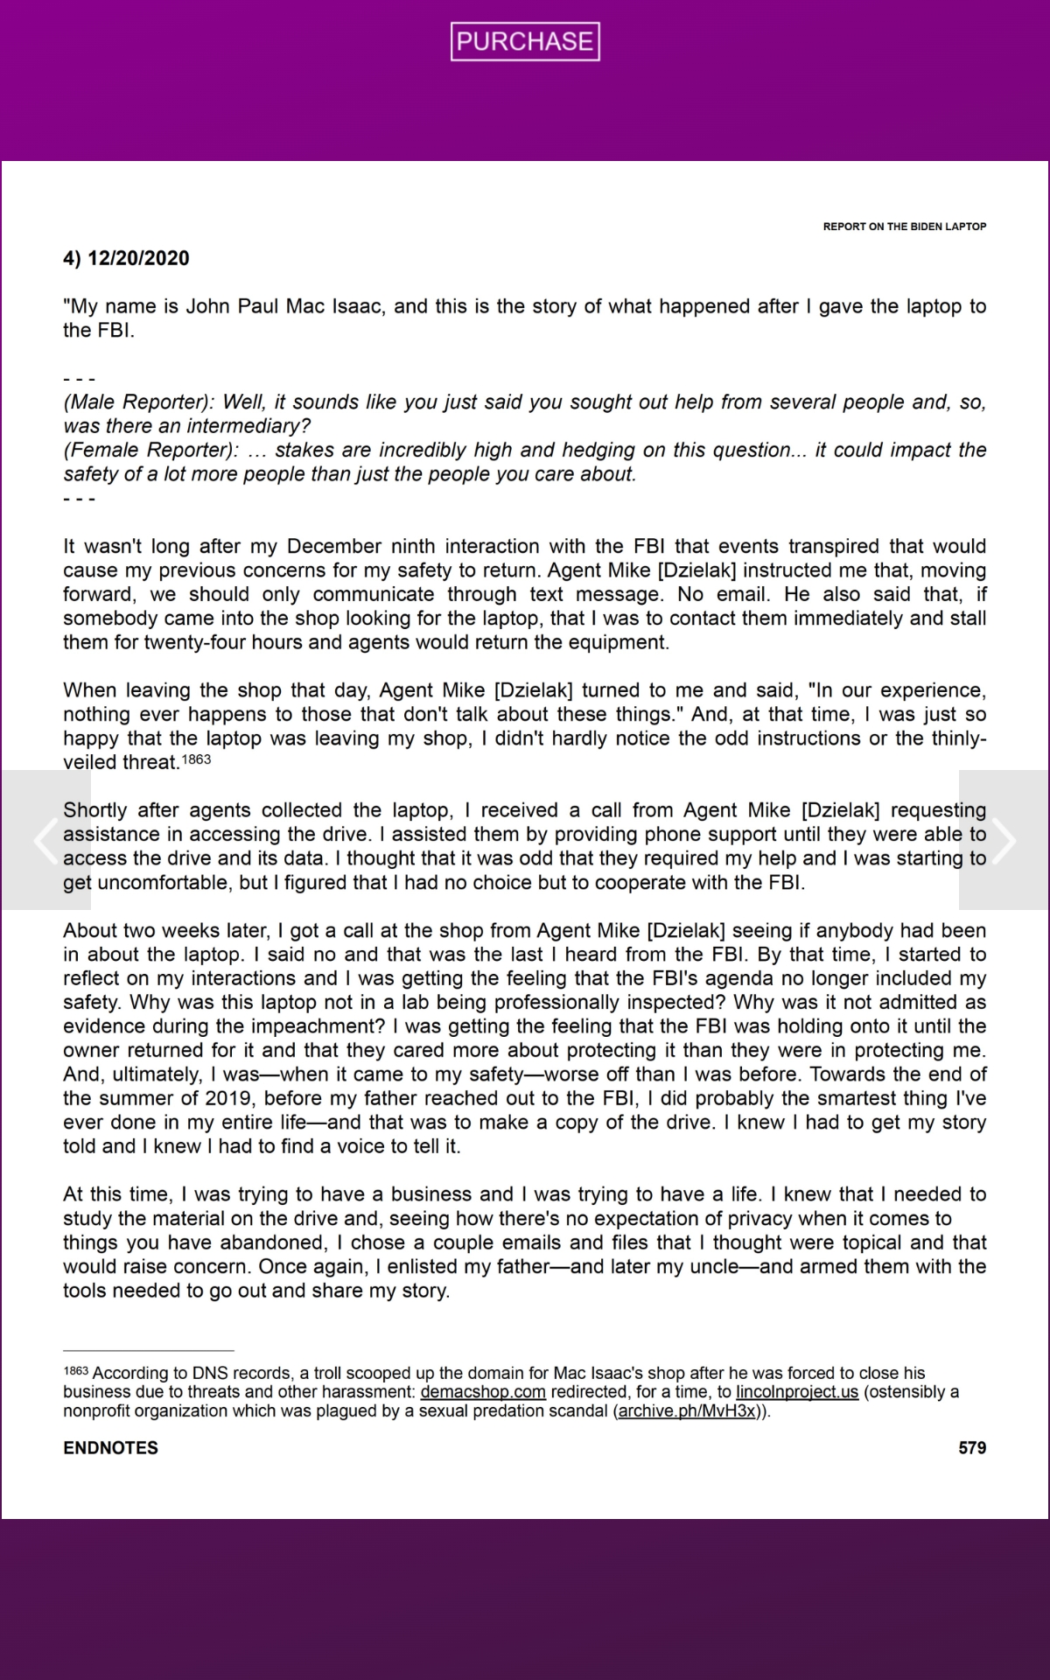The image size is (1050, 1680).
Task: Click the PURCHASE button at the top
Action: click(x=525, y=41)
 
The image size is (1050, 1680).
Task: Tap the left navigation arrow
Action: click(x=45, y=840)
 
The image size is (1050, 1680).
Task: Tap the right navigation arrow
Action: click(x=1003, y=840)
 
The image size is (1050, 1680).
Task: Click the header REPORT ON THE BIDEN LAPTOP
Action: click(x=904, y=227)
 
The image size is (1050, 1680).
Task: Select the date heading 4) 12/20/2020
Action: click(x=126, y=258)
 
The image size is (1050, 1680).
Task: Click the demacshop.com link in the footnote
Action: click(x=483, y=1392)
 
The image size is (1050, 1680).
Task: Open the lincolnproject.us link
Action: click(x=797, y=1392)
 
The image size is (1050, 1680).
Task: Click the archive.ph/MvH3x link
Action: click(x=687, y=1411)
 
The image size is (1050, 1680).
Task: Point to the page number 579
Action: click(x=972, y=1448)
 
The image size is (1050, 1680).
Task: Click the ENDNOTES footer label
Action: click(x=111, y=1448)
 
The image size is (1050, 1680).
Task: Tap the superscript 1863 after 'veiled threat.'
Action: click(x=197, y=759)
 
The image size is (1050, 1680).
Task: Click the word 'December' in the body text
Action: click(x=334, y=547)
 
